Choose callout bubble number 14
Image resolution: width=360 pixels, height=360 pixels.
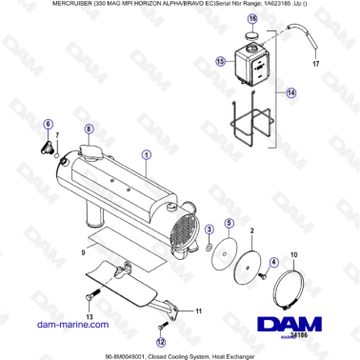point(291,92)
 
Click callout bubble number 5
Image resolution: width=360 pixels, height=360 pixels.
point(229,222)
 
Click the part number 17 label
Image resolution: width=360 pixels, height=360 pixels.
point(317,65)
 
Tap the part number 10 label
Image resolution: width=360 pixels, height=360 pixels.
point(293,254)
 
